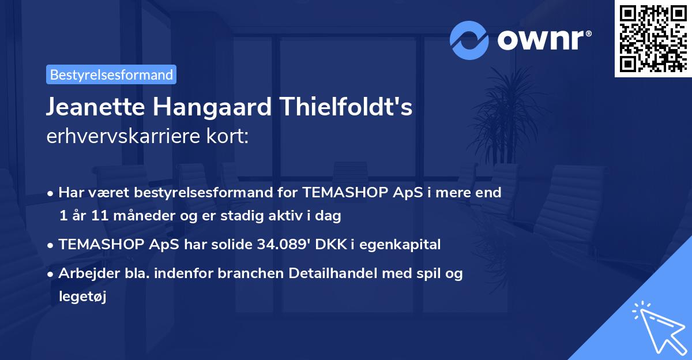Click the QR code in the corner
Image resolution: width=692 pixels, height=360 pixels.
point(652,38)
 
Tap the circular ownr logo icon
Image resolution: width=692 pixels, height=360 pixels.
point(469,40)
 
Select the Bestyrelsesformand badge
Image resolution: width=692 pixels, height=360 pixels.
point(111,74)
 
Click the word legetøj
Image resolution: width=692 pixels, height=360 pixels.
point(82,297)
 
